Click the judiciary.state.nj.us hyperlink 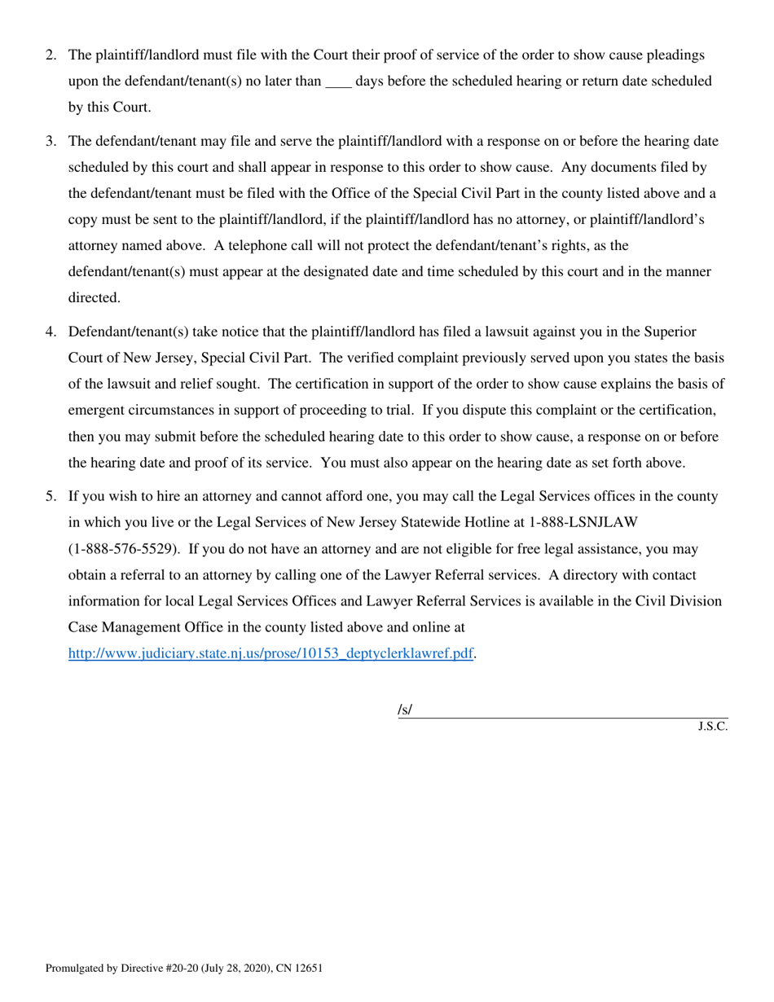click(270, 653)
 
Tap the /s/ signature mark click(405, 710)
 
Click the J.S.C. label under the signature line click(712, 727)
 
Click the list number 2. click(51, 55)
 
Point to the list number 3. click(51, 142)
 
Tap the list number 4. click(51, 332)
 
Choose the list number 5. click(51, 496)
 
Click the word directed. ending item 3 click(95, 298)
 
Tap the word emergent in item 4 click(95, 411)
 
